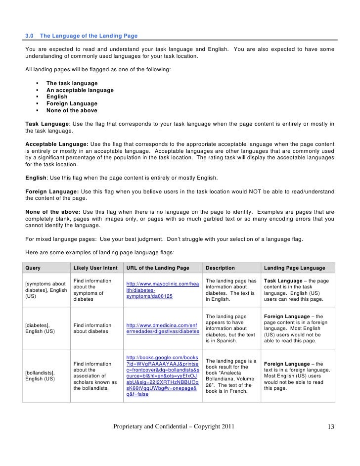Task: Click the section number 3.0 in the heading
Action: pos(30,36)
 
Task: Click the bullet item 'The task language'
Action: pos(72,84)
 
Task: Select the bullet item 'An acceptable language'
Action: pos(80,91)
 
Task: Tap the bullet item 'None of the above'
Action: pos(72,111)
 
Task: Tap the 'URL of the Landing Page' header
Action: pos(158,268)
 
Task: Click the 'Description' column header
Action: pos(220,268)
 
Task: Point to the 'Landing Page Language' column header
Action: pos(295,268)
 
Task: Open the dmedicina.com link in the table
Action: pos(163,328)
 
